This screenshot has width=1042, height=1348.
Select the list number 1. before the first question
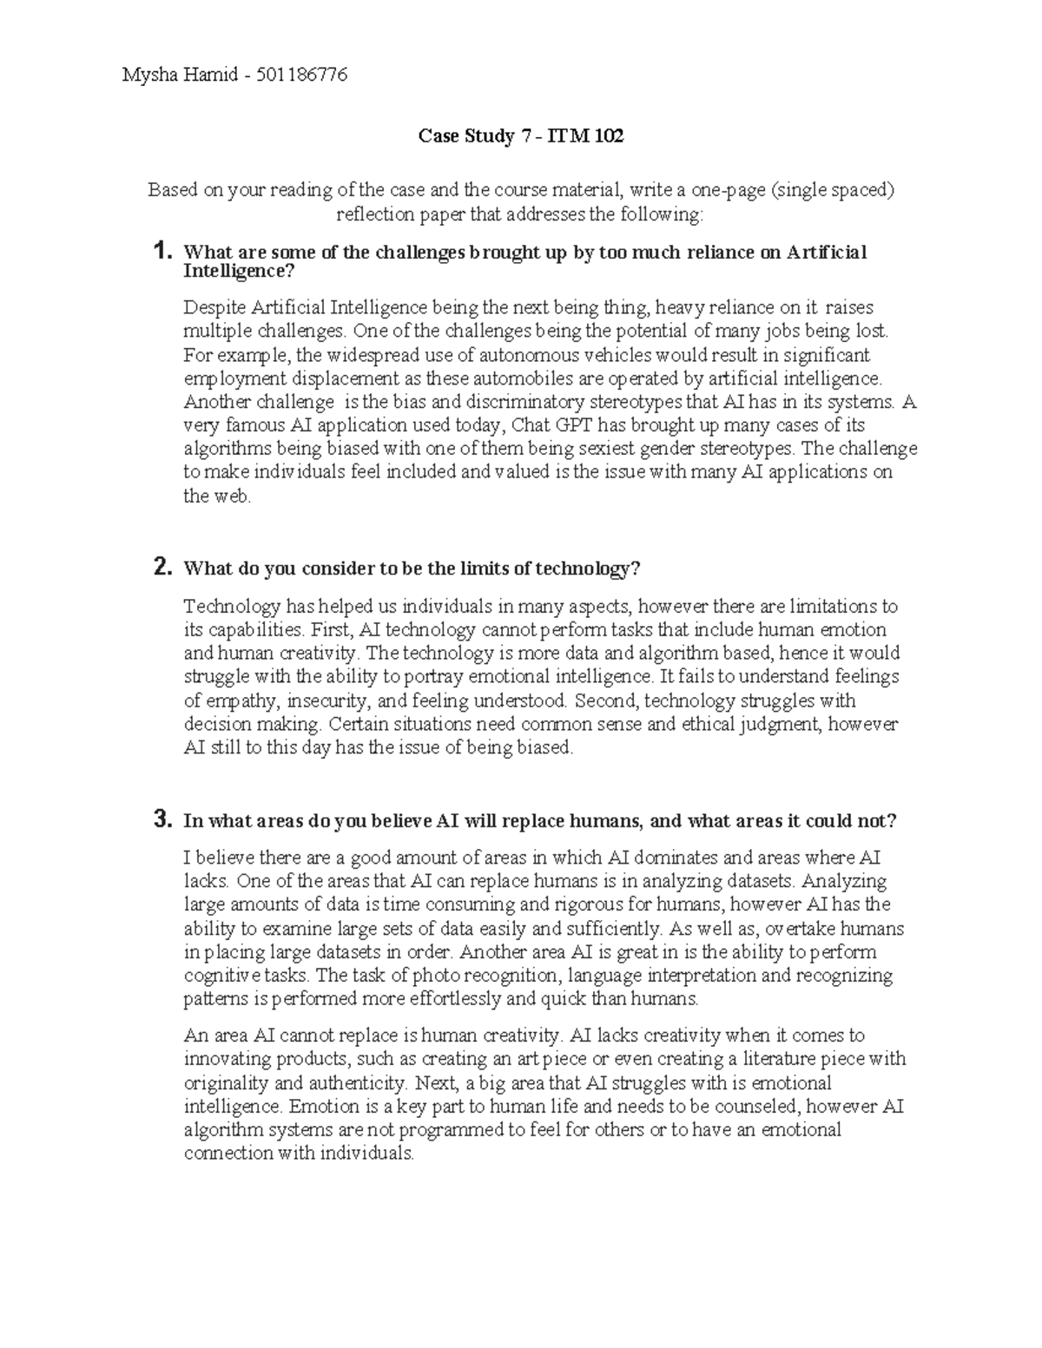(162, 253)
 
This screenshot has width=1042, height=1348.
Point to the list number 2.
(162, 568)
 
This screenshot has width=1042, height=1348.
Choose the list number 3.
(162, 819)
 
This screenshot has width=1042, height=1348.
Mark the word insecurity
(329, 700)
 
